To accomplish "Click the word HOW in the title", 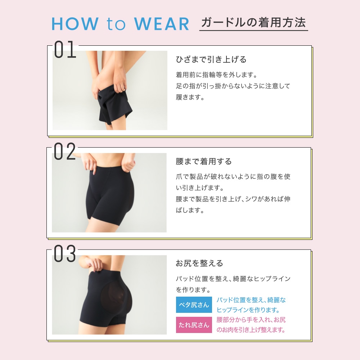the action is [75, 24].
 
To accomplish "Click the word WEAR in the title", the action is [161, 24].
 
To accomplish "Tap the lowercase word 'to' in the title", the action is [116, 24].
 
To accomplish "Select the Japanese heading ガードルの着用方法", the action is [253, 22].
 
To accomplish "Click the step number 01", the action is [65, 49].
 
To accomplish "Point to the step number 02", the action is [64, 151].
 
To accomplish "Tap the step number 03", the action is [65, 253].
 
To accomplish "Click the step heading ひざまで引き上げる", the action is [211, 59].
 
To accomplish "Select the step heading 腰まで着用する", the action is [204, 161].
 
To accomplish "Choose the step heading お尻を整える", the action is [199, 263].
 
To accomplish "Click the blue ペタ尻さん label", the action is [194, 305].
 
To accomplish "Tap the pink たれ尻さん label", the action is [194, 325].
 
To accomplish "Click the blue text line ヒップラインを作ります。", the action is [248, 310].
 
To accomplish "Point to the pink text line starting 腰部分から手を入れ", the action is [251, 320].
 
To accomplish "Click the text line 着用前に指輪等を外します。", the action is [217, 75].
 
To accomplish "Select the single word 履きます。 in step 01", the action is [190, 97].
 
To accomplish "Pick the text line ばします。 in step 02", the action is [190, 210].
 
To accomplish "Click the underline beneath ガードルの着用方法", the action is [253, 30].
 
